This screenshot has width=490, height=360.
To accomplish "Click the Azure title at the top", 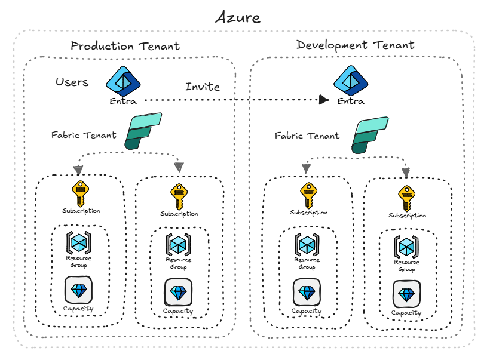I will pyautogui.click(x=238, y=17).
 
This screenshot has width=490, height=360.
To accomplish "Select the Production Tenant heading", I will pyautogui.click(x=125, y=46).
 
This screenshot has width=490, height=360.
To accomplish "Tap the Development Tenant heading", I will pyautogui.click(x=355, y=45).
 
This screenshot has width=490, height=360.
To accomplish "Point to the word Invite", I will pyautogui.click(x=202, y=87).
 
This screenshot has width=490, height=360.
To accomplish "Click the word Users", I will pyautogui.click(x=72, y=82).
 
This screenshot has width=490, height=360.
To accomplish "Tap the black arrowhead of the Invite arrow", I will pyautogui.click(x=323, y=100).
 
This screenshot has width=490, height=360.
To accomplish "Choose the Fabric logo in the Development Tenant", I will pyautogui.click(x=371, y=135).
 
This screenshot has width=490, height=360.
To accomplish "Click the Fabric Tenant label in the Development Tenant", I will pyautogui.click(x=307, y=136).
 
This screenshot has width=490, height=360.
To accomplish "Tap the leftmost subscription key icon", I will pyautogui.click(x=81, y=193).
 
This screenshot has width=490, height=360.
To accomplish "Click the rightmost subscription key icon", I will pyautogui.click(x=406, y=198).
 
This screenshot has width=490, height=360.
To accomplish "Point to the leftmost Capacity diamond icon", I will pyautogui.click(x=78, y=291).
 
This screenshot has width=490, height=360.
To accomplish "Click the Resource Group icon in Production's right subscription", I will pyautogui.click(x=178, y=244).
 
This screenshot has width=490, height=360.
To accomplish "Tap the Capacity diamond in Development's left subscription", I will pyautogui.click(x=307, y=292).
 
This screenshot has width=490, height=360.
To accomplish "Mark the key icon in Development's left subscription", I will pyautogui.click(x=308, y=195).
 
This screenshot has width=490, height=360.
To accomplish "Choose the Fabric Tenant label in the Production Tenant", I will pyautogui.click(x=84, y=135).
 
